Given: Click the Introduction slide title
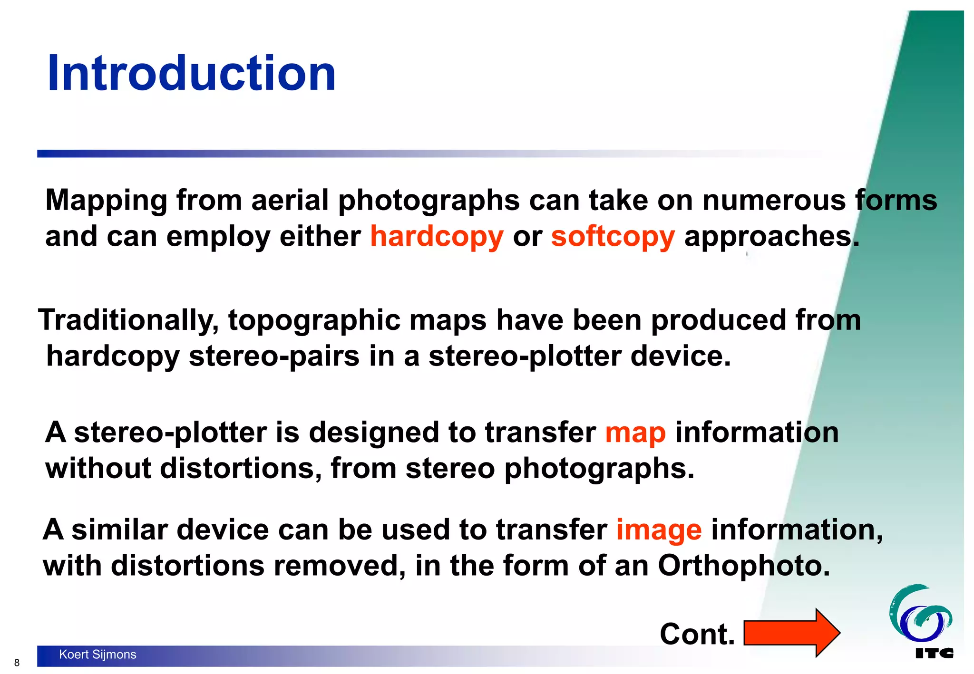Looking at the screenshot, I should [x=191, y=74].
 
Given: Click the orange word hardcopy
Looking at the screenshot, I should [x=437, y=236].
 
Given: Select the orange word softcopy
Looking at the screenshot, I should [x=613, y=236].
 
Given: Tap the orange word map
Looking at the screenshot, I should [x=635, y=433].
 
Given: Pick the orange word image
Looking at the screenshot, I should [x=659, y=530].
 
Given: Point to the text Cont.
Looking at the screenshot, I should [x=697, y=634].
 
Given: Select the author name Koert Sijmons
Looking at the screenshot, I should [x=97, y=655].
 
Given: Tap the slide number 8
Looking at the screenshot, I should [x=17, y=663].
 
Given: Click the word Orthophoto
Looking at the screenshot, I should [x=743, y=566].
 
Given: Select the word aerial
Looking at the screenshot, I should [x=290, y=200].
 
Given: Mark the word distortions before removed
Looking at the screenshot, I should [x=187, y=566].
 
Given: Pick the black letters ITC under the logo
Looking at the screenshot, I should [x=934, y=653].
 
